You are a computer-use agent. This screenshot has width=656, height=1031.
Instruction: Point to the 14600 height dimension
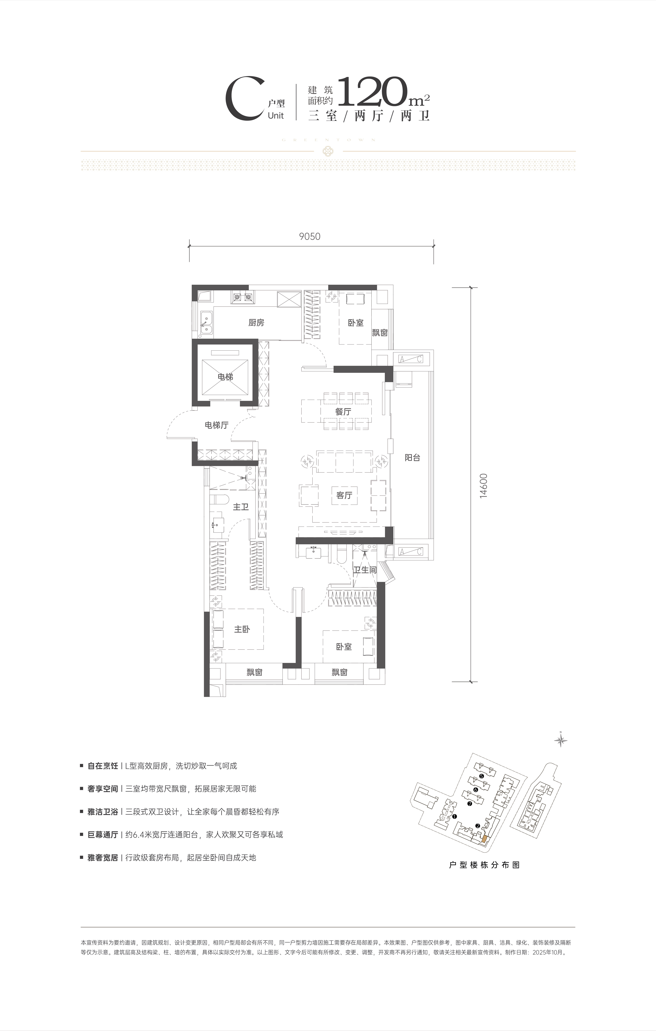tap(484, 485)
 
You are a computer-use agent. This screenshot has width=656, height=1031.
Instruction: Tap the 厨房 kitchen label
tap(256, 322)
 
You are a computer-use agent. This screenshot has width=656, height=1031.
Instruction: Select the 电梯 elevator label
tap(225, 377)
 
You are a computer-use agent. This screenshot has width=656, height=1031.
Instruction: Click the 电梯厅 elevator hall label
tap(217, 425)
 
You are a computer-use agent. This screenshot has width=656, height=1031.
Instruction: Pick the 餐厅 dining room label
tap(343, 411)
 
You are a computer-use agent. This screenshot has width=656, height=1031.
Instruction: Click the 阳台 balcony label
tap(412, 457)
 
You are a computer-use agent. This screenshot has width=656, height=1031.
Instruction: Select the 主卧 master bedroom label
tap(242, 629)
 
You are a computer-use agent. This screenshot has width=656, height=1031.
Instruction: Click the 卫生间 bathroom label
tap(365, 570)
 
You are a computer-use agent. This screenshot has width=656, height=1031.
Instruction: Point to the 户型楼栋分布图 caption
tap(484, 864)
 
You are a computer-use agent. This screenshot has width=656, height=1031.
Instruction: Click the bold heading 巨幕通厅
tap(103, 834)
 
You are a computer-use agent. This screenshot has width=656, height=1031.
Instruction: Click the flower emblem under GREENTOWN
tap(328, 151)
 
